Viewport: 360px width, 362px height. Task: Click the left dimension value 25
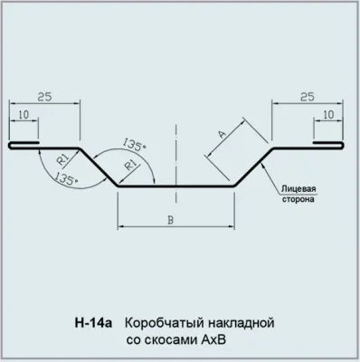[44, 93]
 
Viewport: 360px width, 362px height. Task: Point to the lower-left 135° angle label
[64, 180]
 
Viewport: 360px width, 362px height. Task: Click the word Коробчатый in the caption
[160, 322]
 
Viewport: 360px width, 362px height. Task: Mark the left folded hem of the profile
[25, 145]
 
